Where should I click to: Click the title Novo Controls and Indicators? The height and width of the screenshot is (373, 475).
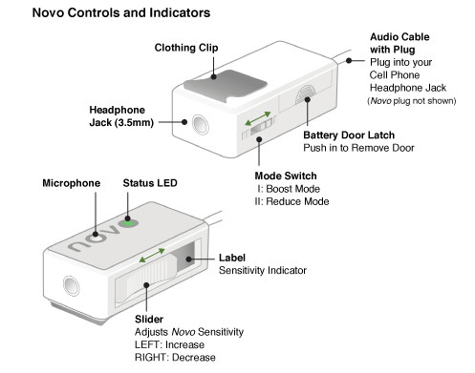[x=121, y=12]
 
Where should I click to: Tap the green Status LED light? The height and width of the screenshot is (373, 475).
[x=129, y=222]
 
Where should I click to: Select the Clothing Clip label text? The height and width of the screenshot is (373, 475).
[x=186, y=48]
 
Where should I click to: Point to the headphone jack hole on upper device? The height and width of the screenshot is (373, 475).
[x=201, y=125]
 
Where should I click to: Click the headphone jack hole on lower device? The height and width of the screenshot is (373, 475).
[x=71, y=285]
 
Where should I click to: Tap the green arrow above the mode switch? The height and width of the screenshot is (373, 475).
[x=258, y=118]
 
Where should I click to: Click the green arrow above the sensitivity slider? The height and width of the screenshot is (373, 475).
[x=152, y=256]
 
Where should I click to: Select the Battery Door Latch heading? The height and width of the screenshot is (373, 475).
[x=349, y=135]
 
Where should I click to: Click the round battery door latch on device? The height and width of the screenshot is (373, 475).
[x=306, y=94]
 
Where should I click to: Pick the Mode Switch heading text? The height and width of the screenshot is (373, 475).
[x=286, y=176]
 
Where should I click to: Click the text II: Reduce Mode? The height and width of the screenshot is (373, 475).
[x=291, y=201]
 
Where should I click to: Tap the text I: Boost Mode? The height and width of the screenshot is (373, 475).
[x=289, y=189]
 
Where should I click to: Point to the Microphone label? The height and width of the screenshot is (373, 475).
[x=72, y=183]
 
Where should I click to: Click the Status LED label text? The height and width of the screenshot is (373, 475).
[x=150, y=183]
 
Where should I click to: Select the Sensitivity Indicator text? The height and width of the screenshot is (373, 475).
[x=263, y=271]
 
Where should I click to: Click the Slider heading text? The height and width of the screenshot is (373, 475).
[x=149, y=320]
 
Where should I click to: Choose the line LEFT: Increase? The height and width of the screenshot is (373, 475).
[x=169, y=344]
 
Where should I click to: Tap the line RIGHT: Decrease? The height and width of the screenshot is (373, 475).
[x=175, y=358]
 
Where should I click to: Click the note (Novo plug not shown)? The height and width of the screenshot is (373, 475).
[x=412, y=101]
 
